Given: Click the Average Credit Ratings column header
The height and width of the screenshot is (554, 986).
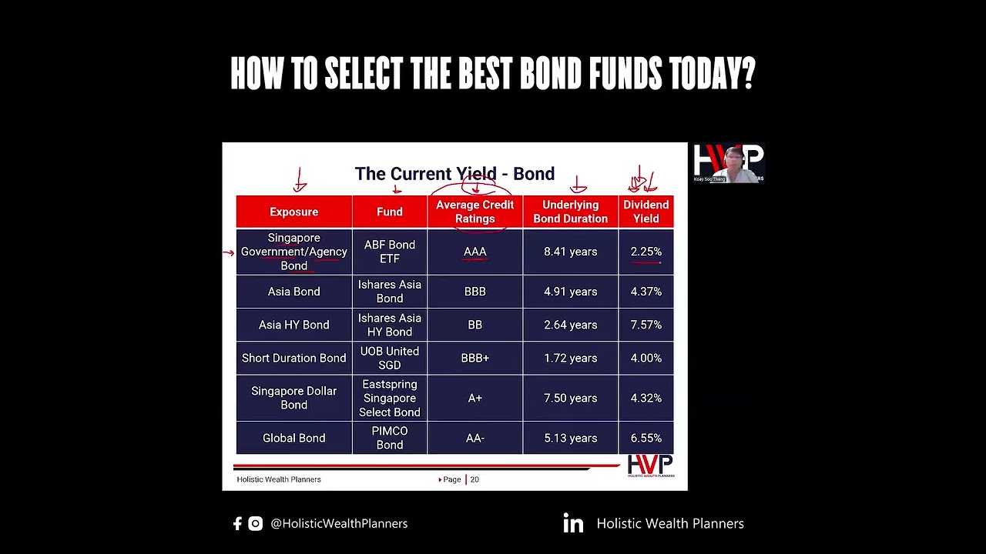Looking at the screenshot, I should tap(475, 212).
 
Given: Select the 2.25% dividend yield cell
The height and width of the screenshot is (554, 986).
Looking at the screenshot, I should tap(646, 252).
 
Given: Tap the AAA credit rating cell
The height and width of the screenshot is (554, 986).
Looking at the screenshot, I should tap(475, 252).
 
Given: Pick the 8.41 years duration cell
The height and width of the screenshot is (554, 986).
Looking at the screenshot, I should tap(570, 252).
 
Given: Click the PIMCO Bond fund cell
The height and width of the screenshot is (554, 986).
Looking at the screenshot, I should tap(389, 438).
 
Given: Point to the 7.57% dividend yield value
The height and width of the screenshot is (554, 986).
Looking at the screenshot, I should tap(646, 325).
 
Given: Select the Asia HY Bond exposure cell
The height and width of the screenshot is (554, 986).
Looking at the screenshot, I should tap(293, 325).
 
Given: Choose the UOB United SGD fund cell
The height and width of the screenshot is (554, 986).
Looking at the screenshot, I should tap(389, 358).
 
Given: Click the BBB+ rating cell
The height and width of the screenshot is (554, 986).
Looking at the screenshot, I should tap(475, 358).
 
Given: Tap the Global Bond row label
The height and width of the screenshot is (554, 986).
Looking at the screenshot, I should tap(293, 438).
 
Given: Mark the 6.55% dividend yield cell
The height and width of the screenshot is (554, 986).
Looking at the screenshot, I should tap(646, 438).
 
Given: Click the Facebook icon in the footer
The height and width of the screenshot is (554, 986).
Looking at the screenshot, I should tap(237, 523).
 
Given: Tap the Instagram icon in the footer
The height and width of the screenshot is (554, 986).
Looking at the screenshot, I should tap(256, 523).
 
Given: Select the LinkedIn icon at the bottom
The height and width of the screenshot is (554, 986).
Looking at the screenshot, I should tap(573, 523).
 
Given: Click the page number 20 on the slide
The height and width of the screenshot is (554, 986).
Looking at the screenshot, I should tap(475, 479).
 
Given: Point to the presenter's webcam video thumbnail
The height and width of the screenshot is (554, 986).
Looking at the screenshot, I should tap(728, 163).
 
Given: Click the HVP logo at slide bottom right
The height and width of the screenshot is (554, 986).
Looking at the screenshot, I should tap(650, 466).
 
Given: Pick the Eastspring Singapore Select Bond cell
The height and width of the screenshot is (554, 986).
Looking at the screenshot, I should tap(389, 398).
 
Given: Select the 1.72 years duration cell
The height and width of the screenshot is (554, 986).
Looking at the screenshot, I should tap(570, 358).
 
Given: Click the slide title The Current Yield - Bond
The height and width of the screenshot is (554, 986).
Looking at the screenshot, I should tap(454, 174).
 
